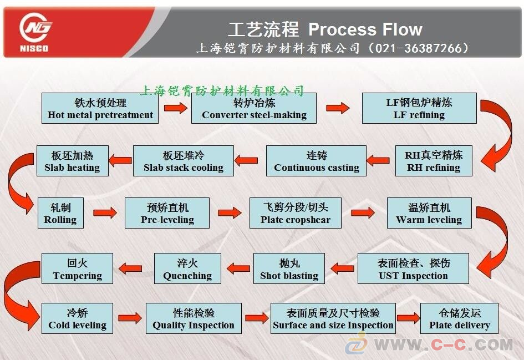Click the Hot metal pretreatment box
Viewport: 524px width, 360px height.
point(100,109)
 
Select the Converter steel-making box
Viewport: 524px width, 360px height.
point(254,109)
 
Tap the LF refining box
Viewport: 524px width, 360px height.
point(419,109)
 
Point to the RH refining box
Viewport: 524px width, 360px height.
point(434,161)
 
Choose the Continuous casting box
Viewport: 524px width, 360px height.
point(317,161)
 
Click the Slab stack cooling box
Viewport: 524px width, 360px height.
point(184,161)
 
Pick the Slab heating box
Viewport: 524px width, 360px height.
point(72,161)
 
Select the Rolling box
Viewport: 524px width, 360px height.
point(60,214)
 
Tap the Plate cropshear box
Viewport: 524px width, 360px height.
point(296,214)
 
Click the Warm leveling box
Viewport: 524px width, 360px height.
point(429,214)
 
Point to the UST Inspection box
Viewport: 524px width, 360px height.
point(413,269)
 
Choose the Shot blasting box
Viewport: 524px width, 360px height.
point(289,269)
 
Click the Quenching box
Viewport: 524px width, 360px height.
point(187,269)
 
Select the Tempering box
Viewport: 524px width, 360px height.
point(78,269)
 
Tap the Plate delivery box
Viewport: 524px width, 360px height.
point(459,318)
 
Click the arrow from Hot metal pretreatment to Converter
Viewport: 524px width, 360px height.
point(175,108)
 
